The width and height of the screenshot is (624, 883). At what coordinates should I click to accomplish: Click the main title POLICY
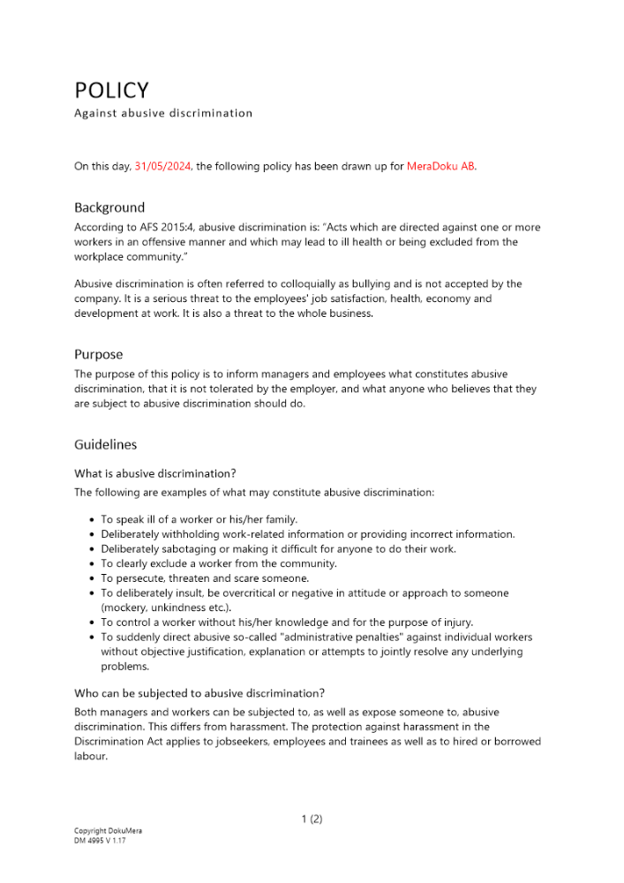pyautogui.click(x=111, y=91)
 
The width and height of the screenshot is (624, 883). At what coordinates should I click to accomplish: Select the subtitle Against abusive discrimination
pyautogui.click(x=163, y=113)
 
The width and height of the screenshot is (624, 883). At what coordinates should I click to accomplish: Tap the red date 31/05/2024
pyautogui.click(x=163, y=166)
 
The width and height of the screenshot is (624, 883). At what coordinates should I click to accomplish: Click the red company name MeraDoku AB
pyautogui.click(x=440, y=166)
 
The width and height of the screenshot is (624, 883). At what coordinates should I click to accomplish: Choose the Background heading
pyautogui.click(x=109, y=208)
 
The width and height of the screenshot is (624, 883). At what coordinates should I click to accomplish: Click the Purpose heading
pyautogui.click(x=99, y=354)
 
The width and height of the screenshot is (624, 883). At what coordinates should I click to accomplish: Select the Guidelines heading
pyautogui.click(x=105, y=444)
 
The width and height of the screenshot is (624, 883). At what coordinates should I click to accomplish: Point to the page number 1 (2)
pyautogui.click(x=312, y=819)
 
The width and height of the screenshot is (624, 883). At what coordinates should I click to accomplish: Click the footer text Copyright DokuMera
pyautogui.click(x=108, y=831)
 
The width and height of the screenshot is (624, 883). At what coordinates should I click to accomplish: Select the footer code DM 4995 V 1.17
pyautogui.click(x=100, y=841)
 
